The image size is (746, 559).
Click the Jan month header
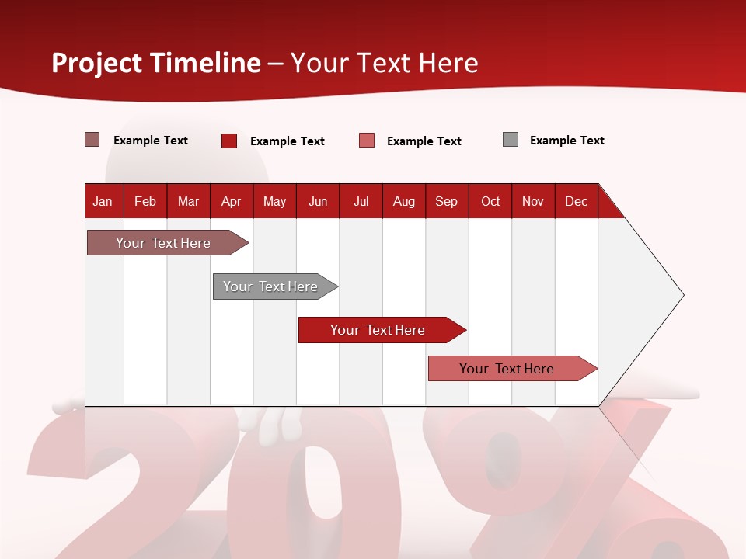click(x=103, y=201)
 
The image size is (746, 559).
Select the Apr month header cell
click(x=232, y=201)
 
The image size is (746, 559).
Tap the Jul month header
click(x=361, y=201)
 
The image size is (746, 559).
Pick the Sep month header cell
click(x=447, y=201)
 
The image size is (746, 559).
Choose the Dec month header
click(x=576, y=201)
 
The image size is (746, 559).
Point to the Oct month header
click(x=490, y=201)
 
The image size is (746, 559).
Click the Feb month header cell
click(x=145, y=201)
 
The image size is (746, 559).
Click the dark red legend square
click(x=229, y=141)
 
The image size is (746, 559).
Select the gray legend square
click(x=511, y=140)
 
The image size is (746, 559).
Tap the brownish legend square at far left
click(x=92, y=140)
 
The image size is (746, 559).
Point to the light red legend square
click(x=367, y=141)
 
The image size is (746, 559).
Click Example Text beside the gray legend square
click(x=566, y=141)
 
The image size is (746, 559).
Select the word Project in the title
click(x=97, y=63)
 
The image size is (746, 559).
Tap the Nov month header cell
click(x=533, y=201)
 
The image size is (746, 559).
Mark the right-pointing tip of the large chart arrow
click(x=682, y=295)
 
